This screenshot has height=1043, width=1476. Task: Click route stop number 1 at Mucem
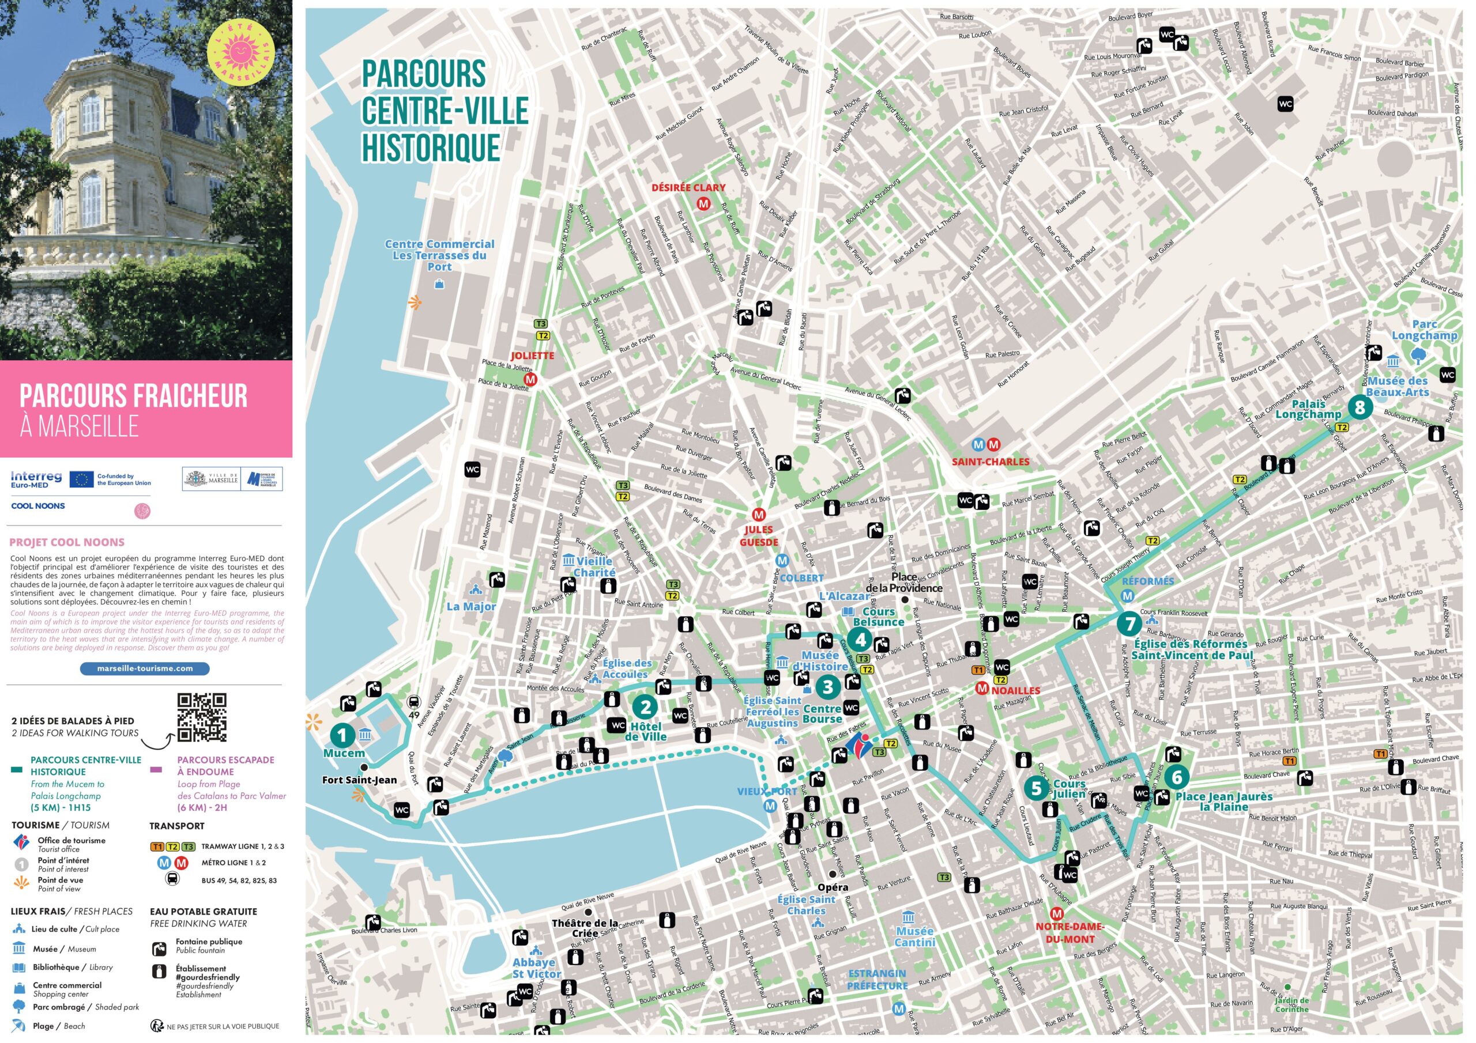point(342,735)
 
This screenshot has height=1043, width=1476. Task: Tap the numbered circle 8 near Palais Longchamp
point(1360,407)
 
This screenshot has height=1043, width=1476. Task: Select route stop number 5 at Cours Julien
point(1036,788)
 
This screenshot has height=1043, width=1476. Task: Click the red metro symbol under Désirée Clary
point(704,204)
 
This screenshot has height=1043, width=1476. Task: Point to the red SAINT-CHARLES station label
point(991,462)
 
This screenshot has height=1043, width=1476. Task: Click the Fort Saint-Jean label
point(359,780)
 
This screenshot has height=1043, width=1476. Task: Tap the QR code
point(202,717)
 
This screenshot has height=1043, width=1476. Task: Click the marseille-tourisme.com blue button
point(145,668)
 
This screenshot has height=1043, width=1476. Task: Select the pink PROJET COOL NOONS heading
point(67,542)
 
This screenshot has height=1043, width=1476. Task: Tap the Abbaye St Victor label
point(536,968)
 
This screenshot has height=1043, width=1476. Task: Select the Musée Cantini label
point(915,936)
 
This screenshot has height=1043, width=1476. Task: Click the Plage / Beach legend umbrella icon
point(19,1026)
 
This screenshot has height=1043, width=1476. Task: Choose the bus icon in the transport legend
point(173,879)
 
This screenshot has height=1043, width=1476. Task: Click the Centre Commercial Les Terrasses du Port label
point(440,255)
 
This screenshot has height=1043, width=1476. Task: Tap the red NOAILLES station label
point(1015,690)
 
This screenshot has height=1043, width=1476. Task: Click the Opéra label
point(833,887)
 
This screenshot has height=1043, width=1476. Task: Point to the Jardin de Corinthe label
point(1291,1004)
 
